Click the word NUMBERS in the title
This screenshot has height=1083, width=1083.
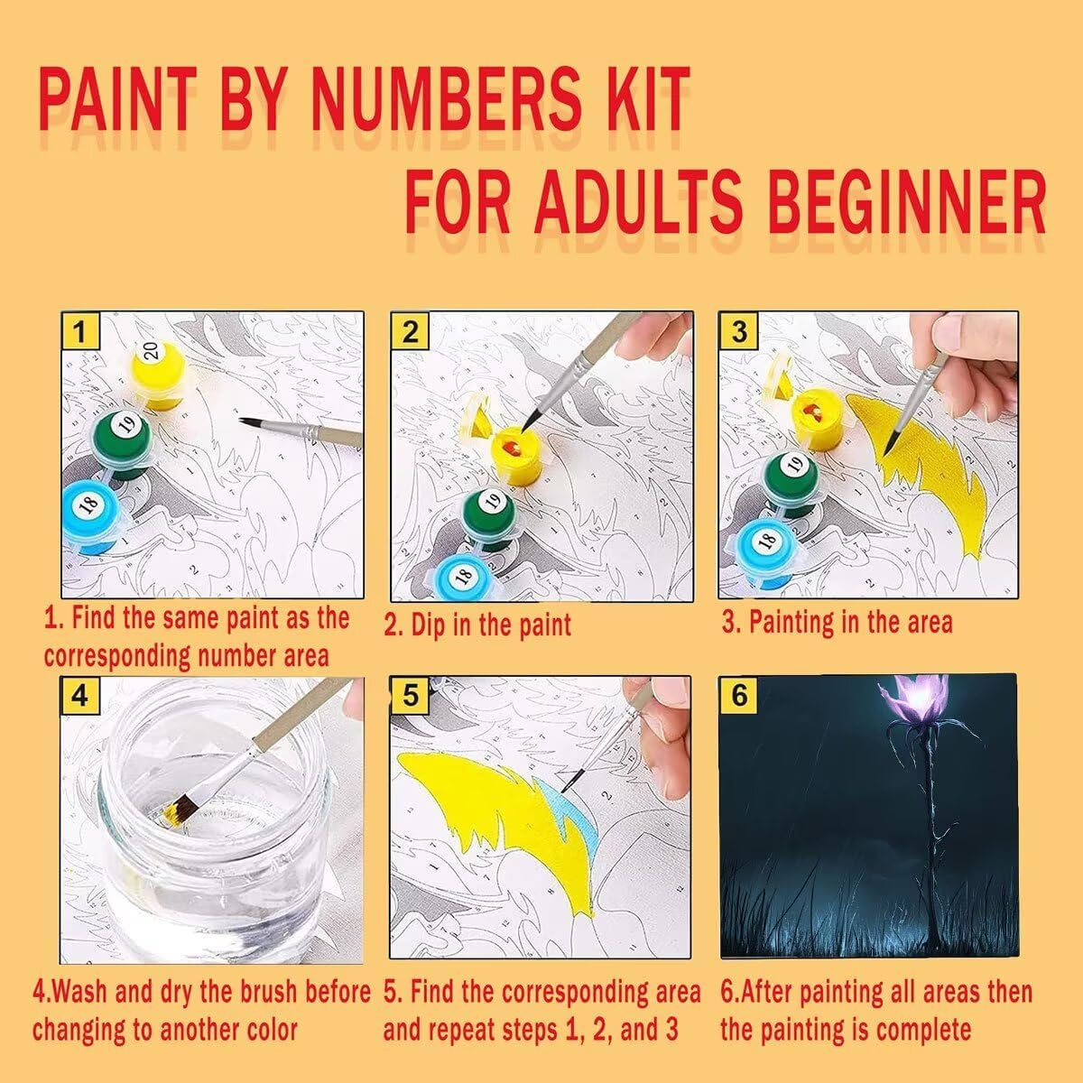[446, 98]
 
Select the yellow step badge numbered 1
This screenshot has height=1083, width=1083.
[79, 331]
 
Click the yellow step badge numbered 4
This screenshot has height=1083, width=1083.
[79, 697]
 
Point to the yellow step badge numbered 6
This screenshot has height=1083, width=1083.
[738, 695]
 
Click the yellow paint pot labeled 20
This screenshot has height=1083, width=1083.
[159, 373]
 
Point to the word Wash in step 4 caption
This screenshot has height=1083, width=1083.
[78, 991]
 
